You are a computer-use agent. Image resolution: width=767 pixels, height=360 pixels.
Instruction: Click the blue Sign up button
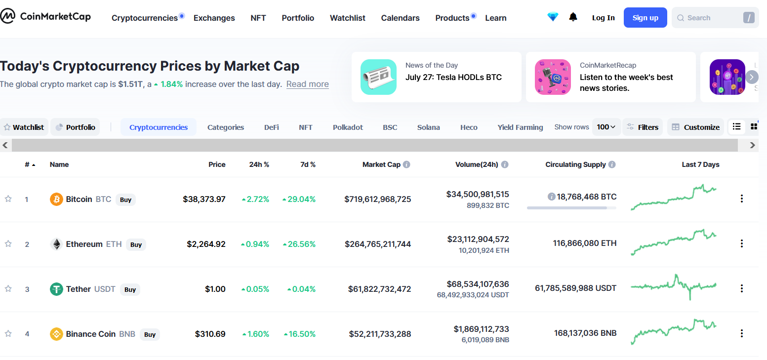tap(645, 17)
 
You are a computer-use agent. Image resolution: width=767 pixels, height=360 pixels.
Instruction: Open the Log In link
tap(604, 18)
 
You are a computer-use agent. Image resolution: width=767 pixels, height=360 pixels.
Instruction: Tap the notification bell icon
tap(573, 17)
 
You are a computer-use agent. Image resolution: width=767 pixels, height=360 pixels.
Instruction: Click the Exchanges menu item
tap(214, 18)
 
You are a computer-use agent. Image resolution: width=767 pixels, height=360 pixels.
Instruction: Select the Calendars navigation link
tap(400, 18)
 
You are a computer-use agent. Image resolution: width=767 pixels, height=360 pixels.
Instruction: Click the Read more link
tap(308, 84)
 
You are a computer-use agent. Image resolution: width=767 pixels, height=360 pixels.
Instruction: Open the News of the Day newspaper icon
tap(378, 77)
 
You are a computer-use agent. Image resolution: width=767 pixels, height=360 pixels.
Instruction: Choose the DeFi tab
tap(272, 127)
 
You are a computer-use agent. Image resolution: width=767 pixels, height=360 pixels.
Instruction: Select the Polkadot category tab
tap(348, 127)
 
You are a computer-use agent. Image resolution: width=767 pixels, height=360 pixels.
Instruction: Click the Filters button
tap(643, 127)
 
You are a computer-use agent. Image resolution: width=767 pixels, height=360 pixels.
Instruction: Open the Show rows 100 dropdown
tap(606, 127)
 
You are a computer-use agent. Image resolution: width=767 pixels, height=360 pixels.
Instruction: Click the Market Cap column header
tap(381, 164)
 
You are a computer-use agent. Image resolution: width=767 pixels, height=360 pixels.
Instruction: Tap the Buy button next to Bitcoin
tap(125, 200)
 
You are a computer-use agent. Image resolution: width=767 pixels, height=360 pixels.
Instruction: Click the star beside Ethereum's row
tap(8, 244)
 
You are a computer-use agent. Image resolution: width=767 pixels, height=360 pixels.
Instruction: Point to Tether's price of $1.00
tap(215, 289)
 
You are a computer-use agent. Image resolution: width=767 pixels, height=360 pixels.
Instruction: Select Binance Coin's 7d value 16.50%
tap(300, 334)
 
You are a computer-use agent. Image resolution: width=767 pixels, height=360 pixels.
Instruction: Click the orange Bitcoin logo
tap(56, 199)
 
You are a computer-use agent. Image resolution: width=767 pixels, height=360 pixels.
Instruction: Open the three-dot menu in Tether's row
tap(742, 288)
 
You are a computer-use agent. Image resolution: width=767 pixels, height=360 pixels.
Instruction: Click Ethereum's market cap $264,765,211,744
tap(378, 244)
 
